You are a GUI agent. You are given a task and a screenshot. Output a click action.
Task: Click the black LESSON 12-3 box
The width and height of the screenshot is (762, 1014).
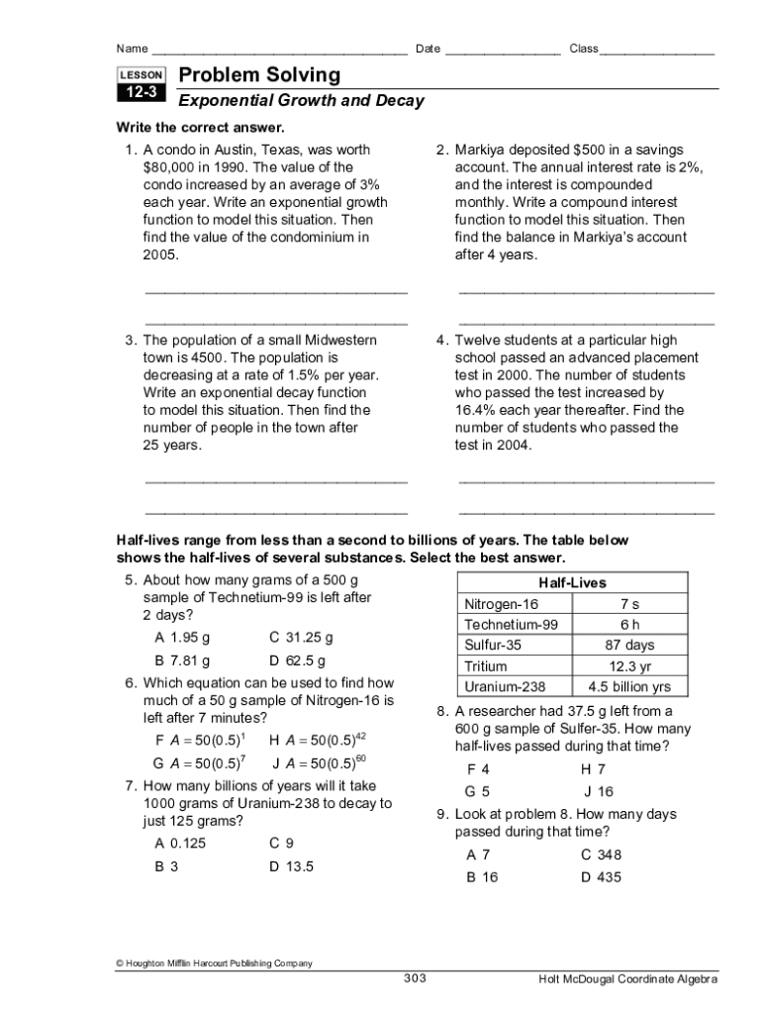141,84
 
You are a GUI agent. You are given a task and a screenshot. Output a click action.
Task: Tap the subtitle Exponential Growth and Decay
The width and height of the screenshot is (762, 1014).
301,101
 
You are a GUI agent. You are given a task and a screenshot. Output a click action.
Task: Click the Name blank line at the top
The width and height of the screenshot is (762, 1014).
279,51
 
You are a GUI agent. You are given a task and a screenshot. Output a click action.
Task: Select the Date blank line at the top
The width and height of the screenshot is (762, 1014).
502,51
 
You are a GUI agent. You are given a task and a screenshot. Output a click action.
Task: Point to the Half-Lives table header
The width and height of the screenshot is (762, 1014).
572,583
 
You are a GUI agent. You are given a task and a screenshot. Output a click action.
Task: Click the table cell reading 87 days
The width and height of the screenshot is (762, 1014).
629,645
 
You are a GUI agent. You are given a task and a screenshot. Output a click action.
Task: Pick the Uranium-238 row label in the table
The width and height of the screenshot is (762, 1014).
505,686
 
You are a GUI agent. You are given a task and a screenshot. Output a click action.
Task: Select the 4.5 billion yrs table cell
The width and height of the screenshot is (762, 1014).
629,686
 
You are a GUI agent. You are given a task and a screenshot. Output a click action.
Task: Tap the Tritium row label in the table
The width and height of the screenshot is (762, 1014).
486,665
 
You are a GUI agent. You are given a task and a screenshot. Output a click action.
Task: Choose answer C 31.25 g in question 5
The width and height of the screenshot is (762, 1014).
301,637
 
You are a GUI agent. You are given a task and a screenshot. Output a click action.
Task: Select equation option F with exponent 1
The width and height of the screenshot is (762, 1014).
201,741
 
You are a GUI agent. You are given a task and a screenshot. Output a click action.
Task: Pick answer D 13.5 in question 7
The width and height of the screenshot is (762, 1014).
291,866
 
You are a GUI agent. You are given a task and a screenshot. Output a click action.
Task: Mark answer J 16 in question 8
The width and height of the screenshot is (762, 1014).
599,791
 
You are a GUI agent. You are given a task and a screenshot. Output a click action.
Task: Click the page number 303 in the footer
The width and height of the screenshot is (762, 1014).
415,978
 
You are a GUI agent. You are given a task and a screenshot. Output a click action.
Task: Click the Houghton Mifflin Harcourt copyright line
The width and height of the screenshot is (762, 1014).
214,963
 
